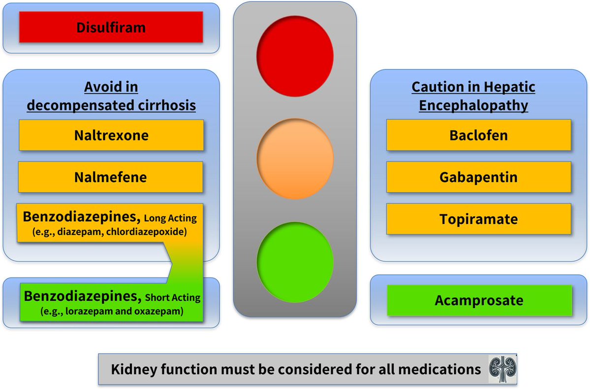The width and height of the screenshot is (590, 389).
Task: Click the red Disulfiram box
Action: [x=111, y=27]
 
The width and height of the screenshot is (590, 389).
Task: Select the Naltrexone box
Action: [x=111, y=135]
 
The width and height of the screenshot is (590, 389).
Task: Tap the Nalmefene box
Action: [x=111, y=177]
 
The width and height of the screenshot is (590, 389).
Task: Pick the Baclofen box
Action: [x=478, y=135]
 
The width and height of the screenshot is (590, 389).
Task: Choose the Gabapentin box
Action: [x=478, y=177]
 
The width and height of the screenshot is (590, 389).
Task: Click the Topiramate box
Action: [x=478, y=218]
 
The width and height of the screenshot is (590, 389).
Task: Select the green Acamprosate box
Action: [x=478, y=300]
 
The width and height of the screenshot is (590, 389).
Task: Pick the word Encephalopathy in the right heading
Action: [x=473, y=106]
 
